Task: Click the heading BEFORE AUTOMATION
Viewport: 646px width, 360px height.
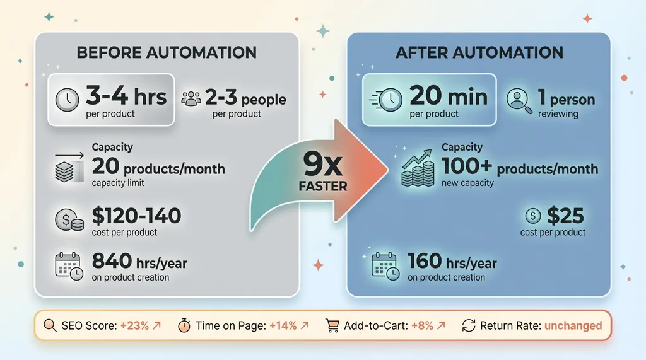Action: coord(167,53)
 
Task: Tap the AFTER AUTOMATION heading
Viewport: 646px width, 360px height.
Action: coord(479,53)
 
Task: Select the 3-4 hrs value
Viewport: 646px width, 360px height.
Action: coord(126,96)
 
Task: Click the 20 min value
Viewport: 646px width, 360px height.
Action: coord(449,96)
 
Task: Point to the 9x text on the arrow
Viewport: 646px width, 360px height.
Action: coord(322,165)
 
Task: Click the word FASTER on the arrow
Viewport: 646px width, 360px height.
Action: coord(323,186)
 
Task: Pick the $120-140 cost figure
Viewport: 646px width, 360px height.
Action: coord(136,216)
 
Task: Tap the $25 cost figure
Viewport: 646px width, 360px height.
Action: coord(565,216)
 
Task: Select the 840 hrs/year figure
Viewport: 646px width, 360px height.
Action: coord(139,262)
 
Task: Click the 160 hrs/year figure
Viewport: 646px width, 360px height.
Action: coord(452,262)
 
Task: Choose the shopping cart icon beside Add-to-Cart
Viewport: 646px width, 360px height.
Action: coord(332,325)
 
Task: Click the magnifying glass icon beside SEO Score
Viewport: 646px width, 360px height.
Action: coord(50,325)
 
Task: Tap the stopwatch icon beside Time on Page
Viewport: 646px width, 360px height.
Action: coord(184,325)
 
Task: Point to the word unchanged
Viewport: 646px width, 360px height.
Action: coord(573,326)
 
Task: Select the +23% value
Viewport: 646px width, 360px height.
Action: coord(134,326)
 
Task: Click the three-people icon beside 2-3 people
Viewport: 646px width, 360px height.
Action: coord(191,98)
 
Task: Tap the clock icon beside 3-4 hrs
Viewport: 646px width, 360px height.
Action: coord(67,100)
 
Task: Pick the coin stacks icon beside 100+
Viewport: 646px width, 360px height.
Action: coord(418,168)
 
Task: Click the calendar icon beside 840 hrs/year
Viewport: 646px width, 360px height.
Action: coord(69,267)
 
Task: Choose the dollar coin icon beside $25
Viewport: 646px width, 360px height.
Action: coord(532,216)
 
